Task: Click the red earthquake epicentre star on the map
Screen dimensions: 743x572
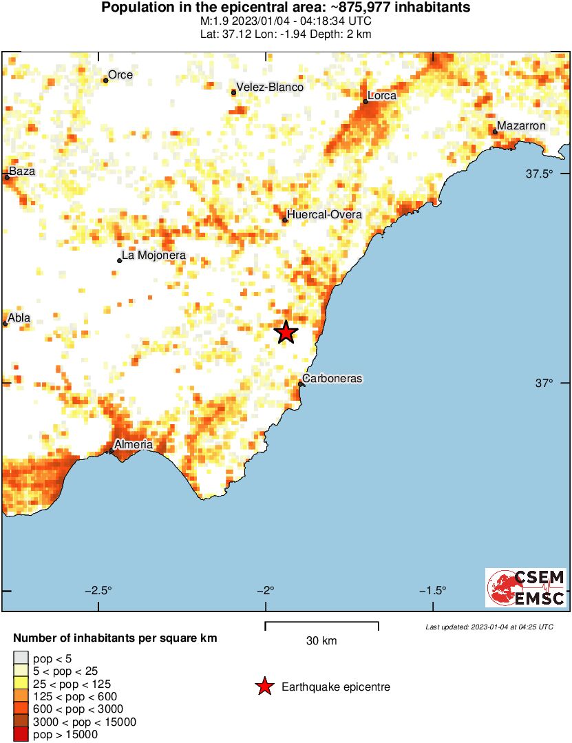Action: pyautogui.click(x=286, y=333)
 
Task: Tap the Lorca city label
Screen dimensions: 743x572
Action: pyautogui.click(x=382, y=96)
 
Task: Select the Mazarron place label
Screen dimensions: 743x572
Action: pyautogui.click(x=521, y=126)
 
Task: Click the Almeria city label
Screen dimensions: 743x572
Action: pyautogui.click(x=134, y=445)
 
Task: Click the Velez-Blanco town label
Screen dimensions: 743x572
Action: pyautogui.click(x=270, y=87)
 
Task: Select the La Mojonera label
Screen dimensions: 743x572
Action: pyautogui.click(x=154, y=256)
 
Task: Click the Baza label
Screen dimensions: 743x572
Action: pyautogui.click(x=21, y=171)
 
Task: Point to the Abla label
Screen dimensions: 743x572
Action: pyautogui.click(x=20, y=318)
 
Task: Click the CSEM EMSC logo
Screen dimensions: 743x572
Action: pyautogui.click(x=526, y=587)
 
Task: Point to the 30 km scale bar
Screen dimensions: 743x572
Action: pyautogui.click(x=321, y=626)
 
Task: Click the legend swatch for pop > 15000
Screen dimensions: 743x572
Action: pyautogui.click(x=21, y=735)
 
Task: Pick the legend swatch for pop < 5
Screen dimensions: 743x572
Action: pyautogui.click(x=21, y=658)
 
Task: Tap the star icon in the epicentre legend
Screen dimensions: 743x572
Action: pyautogui.click(x=264, y=687)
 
